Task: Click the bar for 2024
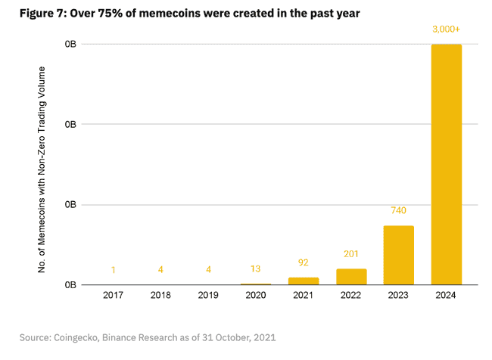click(x=446, y=164)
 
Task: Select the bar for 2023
click(x=398, y=255)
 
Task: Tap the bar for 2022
click(x=350, y=277)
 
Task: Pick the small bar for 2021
click(x=303, y=281)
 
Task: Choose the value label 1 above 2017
click(x=113, y=270)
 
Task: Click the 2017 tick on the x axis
click(x=113, y=296)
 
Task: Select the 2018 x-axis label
click(x=160, y=296)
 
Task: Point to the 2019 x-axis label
click(x=208, y=296)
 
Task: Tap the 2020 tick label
click(x=256, y=296)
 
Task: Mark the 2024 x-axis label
click(x=446, y=296)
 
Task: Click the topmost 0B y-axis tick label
click(x=70, y=45)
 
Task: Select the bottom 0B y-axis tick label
click(x=70, y=285)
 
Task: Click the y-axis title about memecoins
click(x=43, y=169)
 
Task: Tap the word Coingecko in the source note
click(x=81, y=336)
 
